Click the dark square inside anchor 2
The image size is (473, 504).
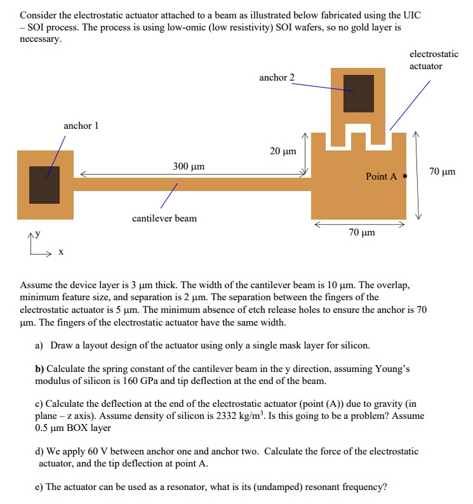click(359, 93)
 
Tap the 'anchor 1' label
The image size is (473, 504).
click(81, 126)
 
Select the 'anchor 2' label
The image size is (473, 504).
click(277, 77)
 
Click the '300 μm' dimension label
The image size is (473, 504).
click(189, 166)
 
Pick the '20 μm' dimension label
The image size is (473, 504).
click(283, 151)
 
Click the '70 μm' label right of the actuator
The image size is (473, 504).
click(442, 172)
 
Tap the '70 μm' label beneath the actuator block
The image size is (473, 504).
click(362, 232)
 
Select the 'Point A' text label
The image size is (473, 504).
click(381, 176)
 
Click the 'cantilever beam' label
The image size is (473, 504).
click(164, 218)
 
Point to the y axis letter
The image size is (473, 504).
click(37, 234)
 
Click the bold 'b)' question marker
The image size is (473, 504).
click(40, 369)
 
